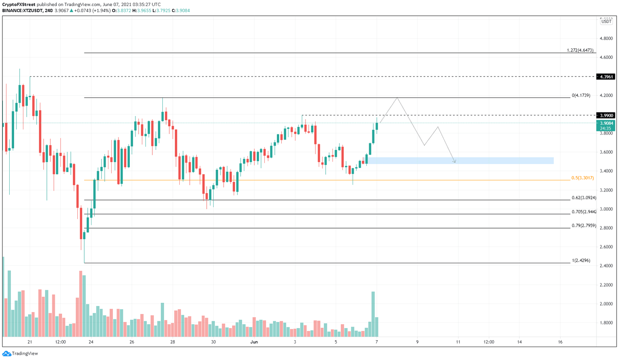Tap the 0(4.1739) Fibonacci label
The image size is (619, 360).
(581, 96)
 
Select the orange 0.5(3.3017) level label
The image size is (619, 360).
(582, 178)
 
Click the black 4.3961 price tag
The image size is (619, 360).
(606, 77)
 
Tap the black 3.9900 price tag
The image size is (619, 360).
(606, 115)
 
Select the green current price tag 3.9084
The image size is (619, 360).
(606, 123)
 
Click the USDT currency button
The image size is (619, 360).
(606, 21)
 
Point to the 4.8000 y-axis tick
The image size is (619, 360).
(606, 39)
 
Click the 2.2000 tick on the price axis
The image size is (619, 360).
(606, 285)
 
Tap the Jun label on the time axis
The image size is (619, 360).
(254, 342)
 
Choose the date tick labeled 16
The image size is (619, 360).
(560, 342)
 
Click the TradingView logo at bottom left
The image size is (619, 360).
(20, 354)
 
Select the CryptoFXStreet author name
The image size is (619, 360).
(19, 4)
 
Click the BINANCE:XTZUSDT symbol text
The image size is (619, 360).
(22, 10)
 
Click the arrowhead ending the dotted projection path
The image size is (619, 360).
(455, 162)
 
